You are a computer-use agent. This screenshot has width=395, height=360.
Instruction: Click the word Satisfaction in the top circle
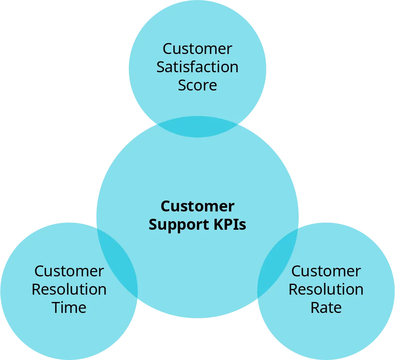point(197,67)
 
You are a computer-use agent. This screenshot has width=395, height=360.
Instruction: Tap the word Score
point(197,85)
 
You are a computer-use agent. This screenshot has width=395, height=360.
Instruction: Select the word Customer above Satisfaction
point(197,49)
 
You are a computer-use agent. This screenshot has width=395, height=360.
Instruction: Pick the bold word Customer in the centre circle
point(197,206)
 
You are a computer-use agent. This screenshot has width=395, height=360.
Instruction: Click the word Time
point(69,308)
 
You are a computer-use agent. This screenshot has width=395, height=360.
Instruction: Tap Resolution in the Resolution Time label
point(69,289)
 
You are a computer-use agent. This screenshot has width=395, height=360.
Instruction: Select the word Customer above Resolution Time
point(69,271)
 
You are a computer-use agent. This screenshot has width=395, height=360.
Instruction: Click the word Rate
point(326,308)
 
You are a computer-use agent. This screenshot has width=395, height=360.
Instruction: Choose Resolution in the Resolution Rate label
point(326,289)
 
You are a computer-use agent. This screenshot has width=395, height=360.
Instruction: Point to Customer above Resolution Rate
point(326,271)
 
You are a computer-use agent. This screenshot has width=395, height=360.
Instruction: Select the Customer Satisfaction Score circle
point(197,28)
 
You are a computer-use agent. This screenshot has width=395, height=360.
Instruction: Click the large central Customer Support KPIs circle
point(197,170)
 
